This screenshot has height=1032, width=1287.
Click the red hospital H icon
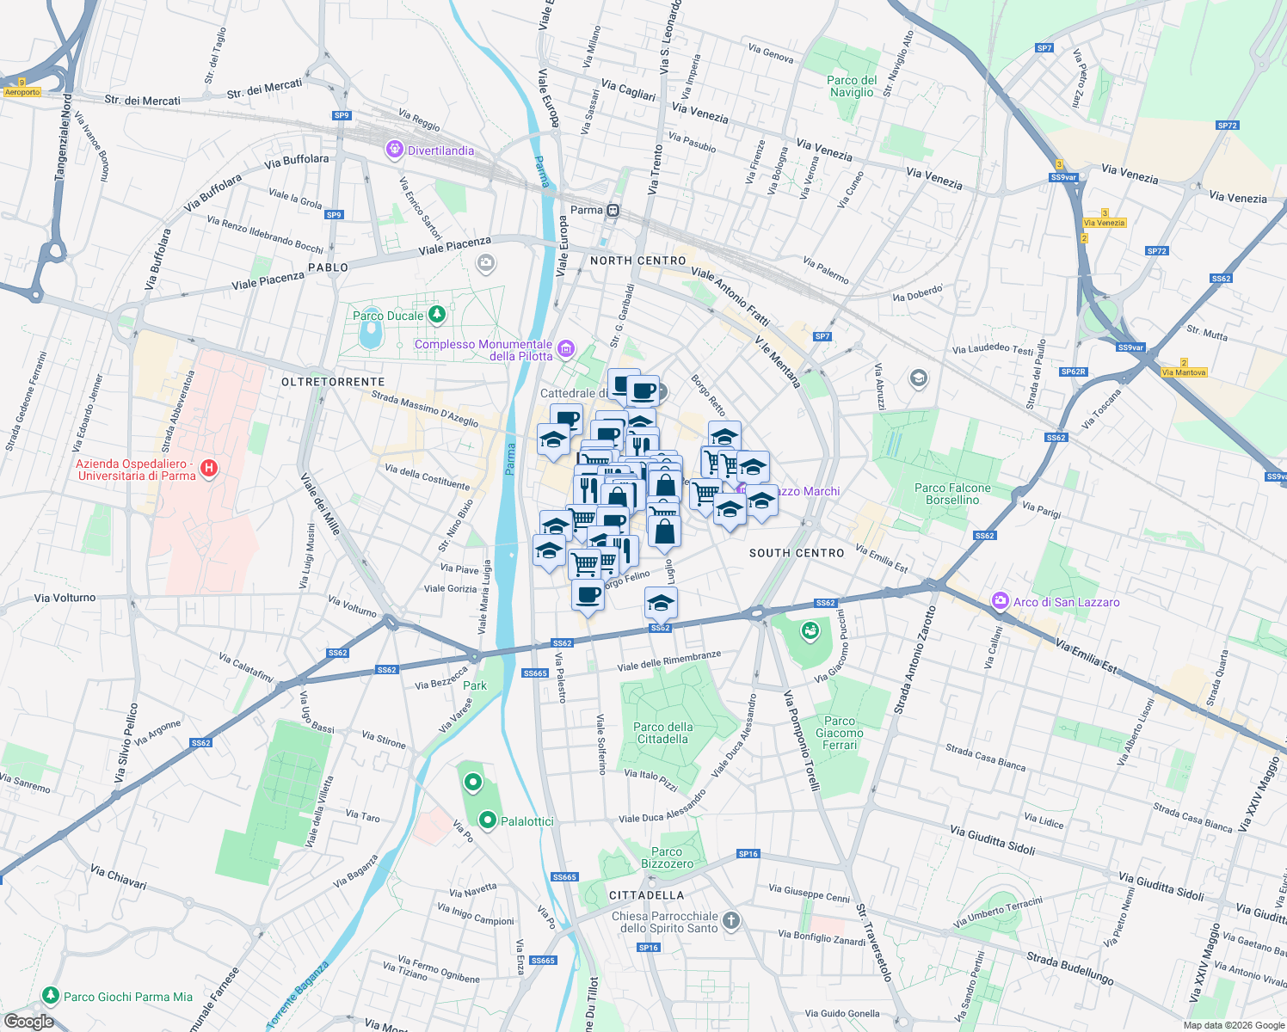tap(208, 469)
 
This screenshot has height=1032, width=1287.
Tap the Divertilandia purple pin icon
tap(395, 150)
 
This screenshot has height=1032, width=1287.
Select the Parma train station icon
tap(613, 210)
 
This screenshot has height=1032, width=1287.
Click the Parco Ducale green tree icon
tap(437, 315)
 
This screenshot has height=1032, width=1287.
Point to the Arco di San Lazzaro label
tap(1066, 602)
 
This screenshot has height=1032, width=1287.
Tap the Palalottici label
tap(526, 821)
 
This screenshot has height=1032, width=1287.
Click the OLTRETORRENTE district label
tap(333, 381)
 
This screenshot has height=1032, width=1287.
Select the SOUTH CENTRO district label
tap(797, 553)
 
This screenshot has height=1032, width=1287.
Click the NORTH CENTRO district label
tap(638, 261)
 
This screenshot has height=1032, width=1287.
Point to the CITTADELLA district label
tap(646, 895)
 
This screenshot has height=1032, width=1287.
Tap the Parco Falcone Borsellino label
tap(952, 494)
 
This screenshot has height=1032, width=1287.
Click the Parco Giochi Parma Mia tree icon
tap(51, 996)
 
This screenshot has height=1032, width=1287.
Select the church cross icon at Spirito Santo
tap(730, 921)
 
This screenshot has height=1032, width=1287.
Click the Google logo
tap(28, 1022)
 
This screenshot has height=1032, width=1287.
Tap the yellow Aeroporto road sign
tap(22, 92)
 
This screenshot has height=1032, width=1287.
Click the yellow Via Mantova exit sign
tap(1184, 372)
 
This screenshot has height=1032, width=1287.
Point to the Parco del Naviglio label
tap(852, 86)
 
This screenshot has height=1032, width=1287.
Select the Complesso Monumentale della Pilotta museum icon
tap(566, 348)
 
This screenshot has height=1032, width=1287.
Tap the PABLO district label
tap(328, 267)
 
